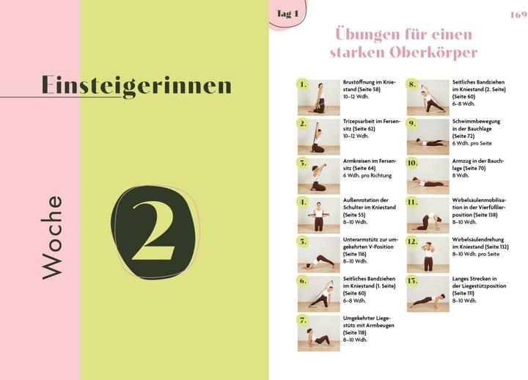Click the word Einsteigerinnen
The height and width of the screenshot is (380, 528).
[x=136, y=86]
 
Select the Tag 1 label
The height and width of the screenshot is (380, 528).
[x=287, y=14]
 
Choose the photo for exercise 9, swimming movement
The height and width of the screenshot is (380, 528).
[x=428, y=136]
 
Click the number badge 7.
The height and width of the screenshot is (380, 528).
[x=303, y=320]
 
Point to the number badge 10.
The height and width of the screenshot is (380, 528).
[x=412, y=162]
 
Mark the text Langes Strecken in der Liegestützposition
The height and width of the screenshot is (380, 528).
[x=478, y=288]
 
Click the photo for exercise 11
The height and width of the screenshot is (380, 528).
[x=428, y=214]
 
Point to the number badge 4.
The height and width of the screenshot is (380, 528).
[x=303, y=202]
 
